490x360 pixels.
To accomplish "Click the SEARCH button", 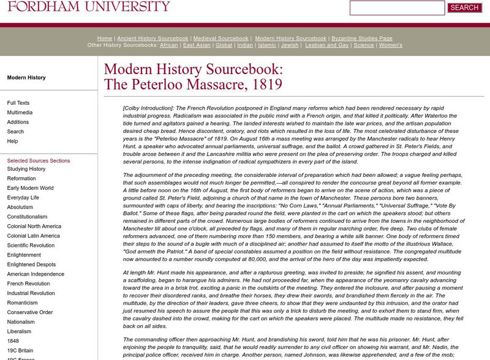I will coord(464,8).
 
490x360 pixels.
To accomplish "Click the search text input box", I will coord(397,8).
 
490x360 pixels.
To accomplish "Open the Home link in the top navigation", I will coord(104,38).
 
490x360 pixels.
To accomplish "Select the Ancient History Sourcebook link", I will coord(152,38).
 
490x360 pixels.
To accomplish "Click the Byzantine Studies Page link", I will coord(362,38).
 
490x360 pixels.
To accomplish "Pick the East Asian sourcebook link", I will coord(197,45).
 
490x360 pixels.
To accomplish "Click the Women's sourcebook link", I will coord(391,45).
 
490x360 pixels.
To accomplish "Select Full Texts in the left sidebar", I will coord(18,103).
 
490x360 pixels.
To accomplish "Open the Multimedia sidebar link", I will coord(20,113).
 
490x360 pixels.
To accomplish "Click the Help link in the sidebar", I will coord(13,141).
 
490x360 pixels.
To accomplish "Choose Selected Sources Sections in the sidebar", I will coord(39,160).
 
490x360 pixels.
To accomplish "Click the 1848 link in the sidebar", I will coord(13,341).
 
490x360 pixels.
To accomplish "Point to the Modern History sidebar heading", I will coord(26,78).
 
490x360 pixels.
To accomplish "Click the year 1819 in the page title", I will coord(265,84).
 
